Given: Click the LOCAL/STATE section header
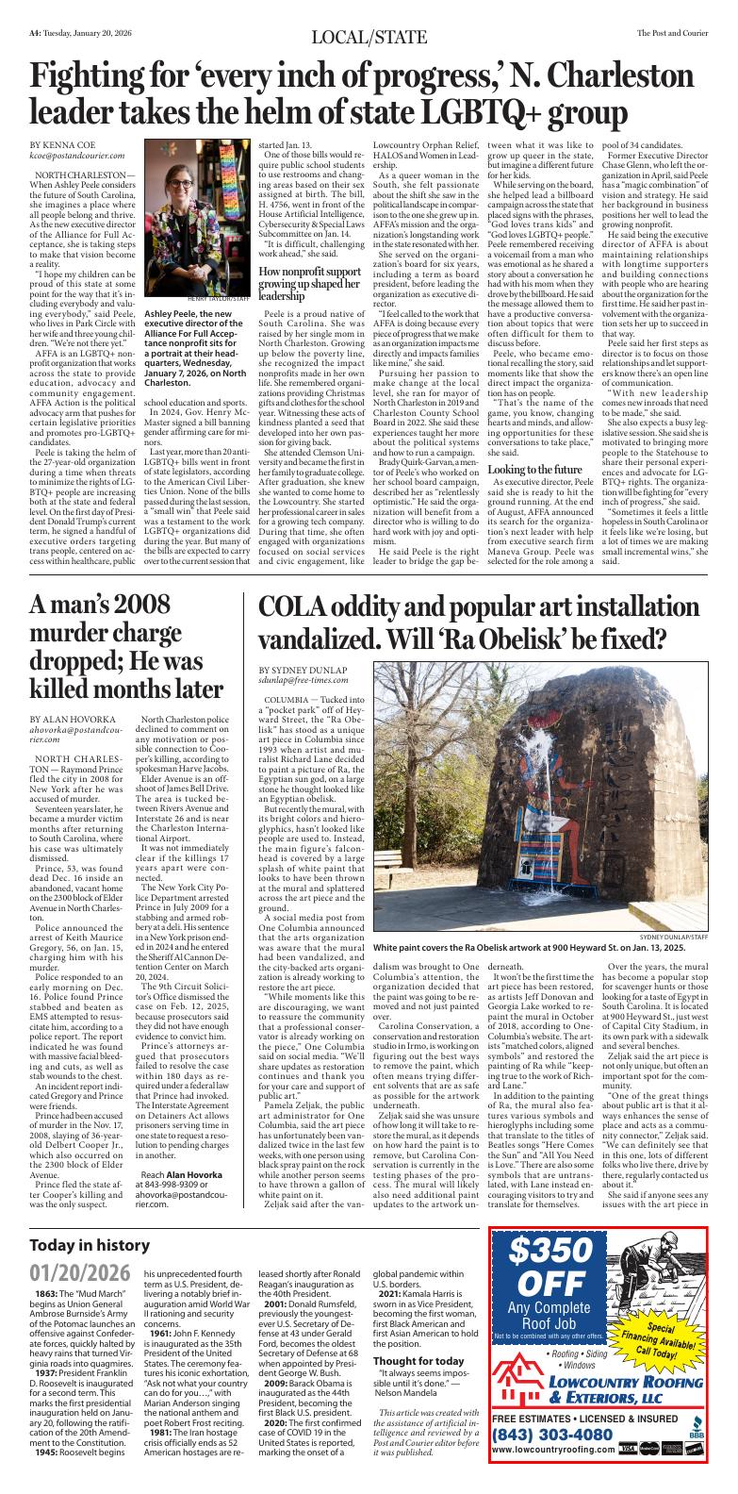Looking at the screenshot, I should (x=369, y=37).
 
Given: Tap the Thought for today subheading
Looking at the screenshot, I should (x=418, y=1360).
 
